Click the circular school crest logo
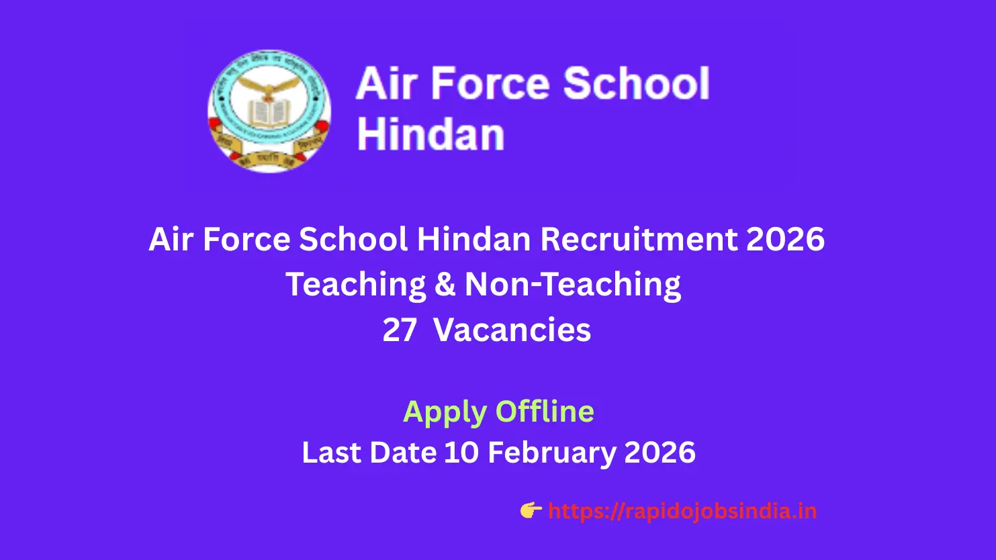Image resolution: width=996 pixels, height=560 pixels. pos(269,111)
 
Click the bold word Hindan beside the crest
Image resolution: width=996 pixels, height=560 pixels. pos(431,134)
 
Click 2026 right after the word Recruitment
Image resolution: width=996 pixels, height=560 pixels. pos(786,240)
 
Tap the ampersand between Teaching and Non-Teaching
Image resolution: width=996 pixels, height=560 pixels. pos(445,285)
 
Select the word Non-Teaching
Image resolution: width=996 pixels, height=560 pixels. pos(573,285)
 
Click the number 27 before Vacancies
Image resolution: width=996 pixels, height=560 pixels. pos(400,330)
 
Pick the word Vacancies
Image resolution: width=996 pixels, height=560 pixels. pos(512,330)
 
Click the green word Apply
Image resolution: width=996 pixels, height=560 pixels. pos(445,412)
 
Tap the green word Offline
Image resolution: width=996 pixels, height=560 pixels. pos(545,411)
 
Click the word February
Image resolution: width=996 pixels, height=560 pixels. pos(551,453)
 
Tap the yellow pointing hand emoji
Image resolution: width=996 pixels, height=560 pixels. pos(531,511)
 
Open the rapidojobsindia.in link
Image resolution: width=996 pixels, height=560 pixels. pos(682,512)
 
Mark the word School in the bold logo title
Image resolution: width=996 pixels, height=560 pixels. pos(636,84)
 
